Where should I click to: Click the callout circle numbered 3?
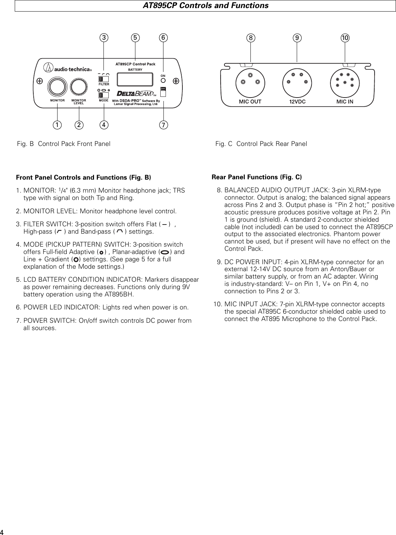(x=103, y=37)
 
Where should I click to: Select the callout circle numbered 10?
(x=345, y=38)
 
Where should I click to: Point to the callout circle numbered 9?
(x=297, y=38)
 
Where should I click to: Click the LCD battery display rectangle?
(x=135, y=79)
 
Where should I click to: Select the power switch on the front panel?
(x=163, y=92)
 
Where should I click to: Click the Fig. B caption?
(x=64, y=144)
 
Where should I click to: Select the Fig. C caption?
(x=261, y=144)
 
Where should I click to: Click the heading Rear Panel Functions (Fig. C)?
(x=257, y=177)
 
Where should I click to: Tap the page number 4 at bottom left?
(x=3, y=530)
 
